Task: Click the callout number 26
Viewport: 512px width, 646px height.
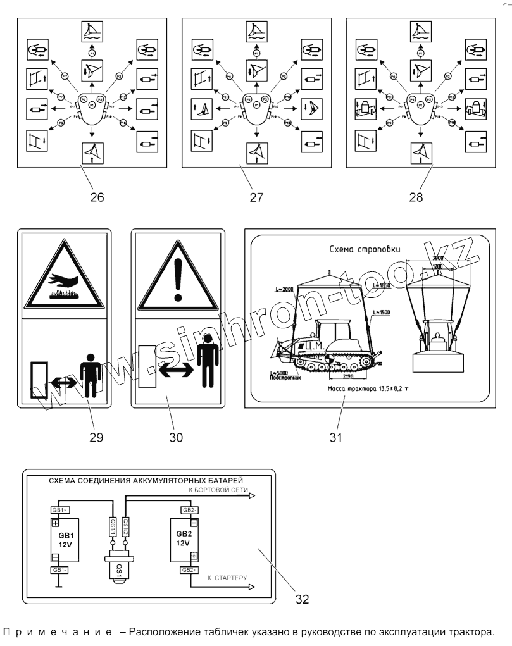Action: pos(97,197)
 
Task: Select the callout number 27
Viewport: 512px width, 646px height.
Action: pos(256,197)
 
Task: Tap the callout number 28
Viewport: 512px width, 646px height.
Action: pos(415,197)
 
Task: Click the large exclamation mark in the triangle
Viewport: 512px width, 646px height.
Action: pos(178,276)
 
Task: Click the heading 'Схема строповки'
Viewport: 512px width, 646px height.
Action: pos(358,251)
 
